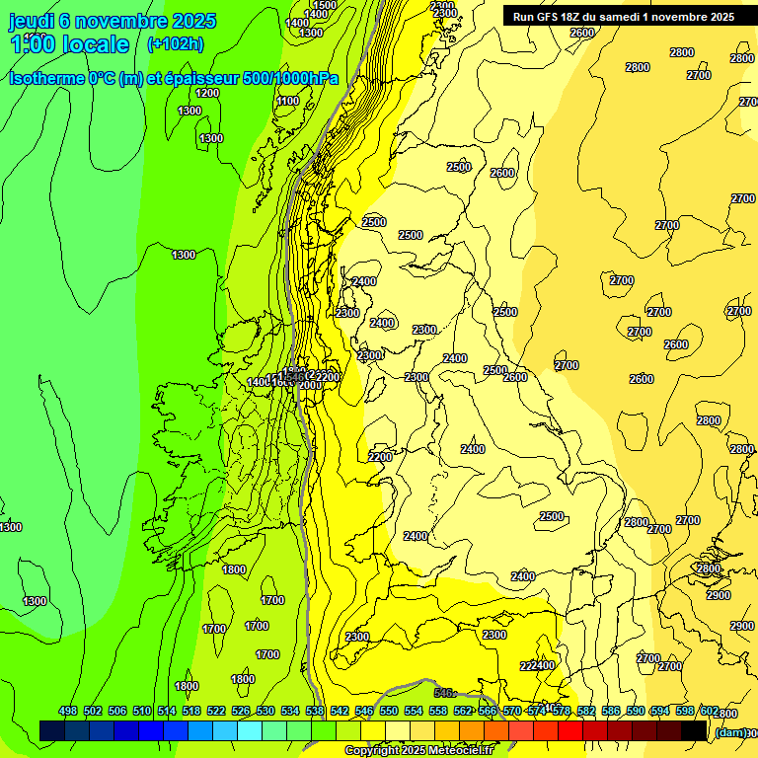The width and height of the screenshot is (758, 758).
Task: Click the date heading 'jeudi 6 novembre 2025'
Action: point(113,21)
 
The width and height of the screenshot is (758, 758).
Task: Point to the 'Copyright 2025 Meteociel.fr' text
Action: point(418,751)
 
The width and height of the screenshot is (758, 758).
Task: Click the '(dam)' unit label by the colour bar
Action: point(729,731)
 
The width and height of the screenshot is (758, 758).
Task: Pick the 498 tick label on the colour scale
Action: point(68,711)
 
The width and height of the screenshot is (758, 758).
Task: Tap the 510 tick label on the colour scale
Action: point(142,711)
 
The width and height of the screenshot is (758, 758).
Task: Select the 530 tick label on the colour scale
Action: point(265,711)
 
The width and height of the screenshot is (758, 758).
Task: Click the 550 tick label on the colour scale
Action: point(389,711)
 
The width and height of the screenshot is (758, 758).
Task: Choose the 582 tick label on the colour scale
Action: point(586,711)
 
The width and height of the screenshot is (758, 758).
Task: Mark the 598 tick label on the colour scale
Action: point(685,711)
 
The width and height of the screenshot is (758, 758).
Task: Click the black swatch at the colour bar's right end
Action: point(695,730)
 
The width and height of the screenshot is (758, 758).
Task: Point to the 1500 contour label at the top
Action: point(324,6)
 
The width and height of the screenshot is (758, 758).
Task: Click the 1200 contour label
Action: point(207,93)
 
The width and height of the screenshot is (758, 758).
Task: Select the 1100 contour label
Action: point(288,101)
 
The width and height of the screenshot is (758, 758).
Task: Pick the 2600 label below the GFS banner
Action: point(582,33)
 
